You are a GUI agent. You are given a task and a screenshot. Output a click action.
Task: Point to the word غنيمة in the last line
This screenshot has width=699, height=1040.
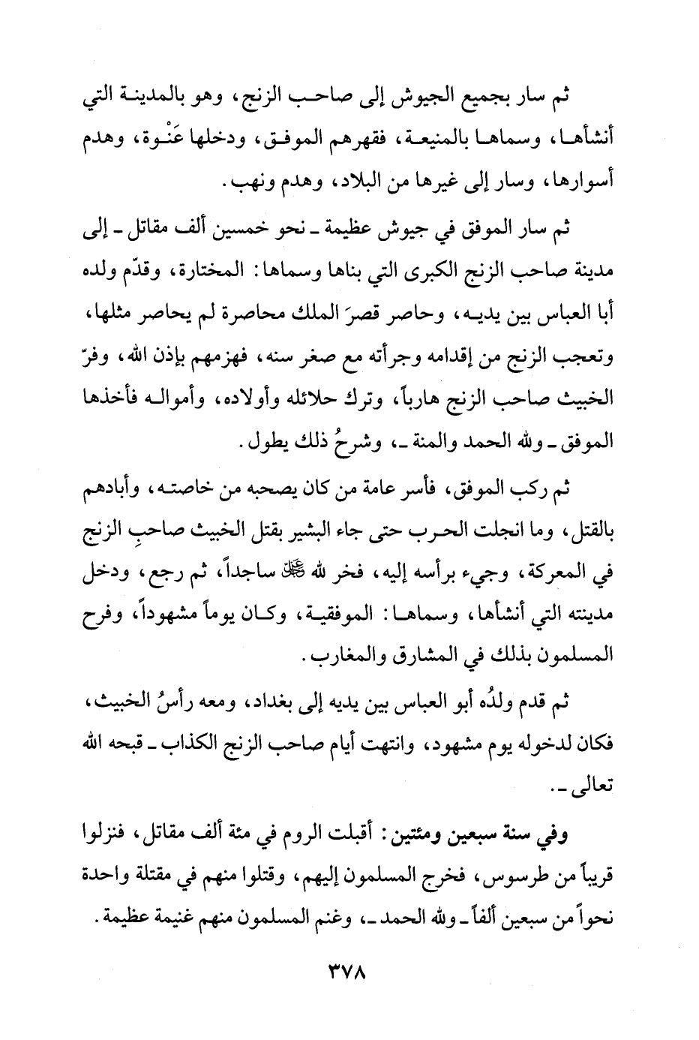(193, 918)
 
